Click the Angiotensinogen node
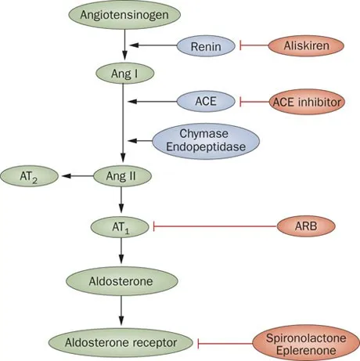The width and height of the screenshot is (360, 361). [x=121, y=14]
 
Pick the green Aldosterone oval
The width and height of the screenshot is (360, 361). [x=121, y=280]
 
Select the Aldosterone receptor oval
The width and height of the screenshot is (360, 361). [x=121, y=341]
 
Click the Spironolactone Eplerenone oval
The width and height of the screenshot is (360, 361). [x=301, y=341]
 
